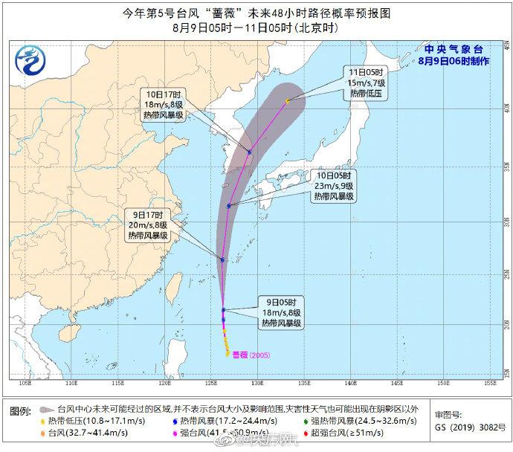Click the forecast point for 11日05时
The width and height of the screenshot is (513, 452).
[287, 100]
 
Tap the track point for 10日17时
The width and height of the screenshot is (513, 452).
[250, 152]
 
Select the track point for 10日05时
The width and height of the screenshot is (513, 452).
[229, 206]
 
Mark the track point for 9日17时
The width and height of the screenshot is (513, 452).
[222, 259]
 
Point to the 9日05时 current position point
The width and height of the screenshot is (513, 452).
[224, 310]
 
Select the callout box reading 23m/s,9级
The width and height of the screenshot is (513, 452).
[333, 187]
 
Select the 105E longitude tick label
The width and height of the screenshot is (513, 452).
[25, 384]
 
